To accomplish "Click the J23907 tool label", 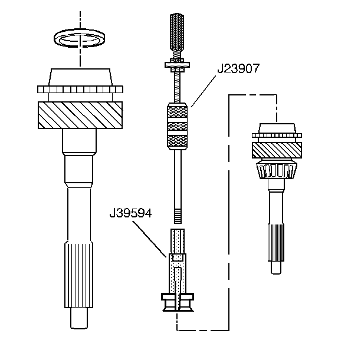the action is click(x=238, y=68).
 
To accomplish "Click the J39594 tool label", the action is click(x=130, y=213).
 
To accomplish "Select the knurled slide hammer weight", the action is click(x=177, y=126).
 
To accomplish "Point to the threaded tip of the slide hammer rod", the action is click(x=178, y=216).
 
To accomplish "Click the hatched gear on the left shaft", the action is click(x=80, y=115).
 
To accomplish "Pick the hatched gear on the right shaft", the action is click(x=277, y=150).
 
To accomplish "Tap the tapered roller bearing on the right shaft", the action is click(x=277, y=170).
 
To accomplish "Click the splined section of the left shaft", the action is click(x=78, y=275).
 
